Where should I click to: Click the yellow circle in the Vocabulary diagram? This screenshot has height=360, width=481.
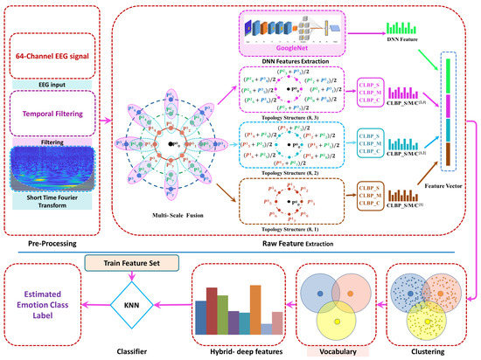tap(327, 320)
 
